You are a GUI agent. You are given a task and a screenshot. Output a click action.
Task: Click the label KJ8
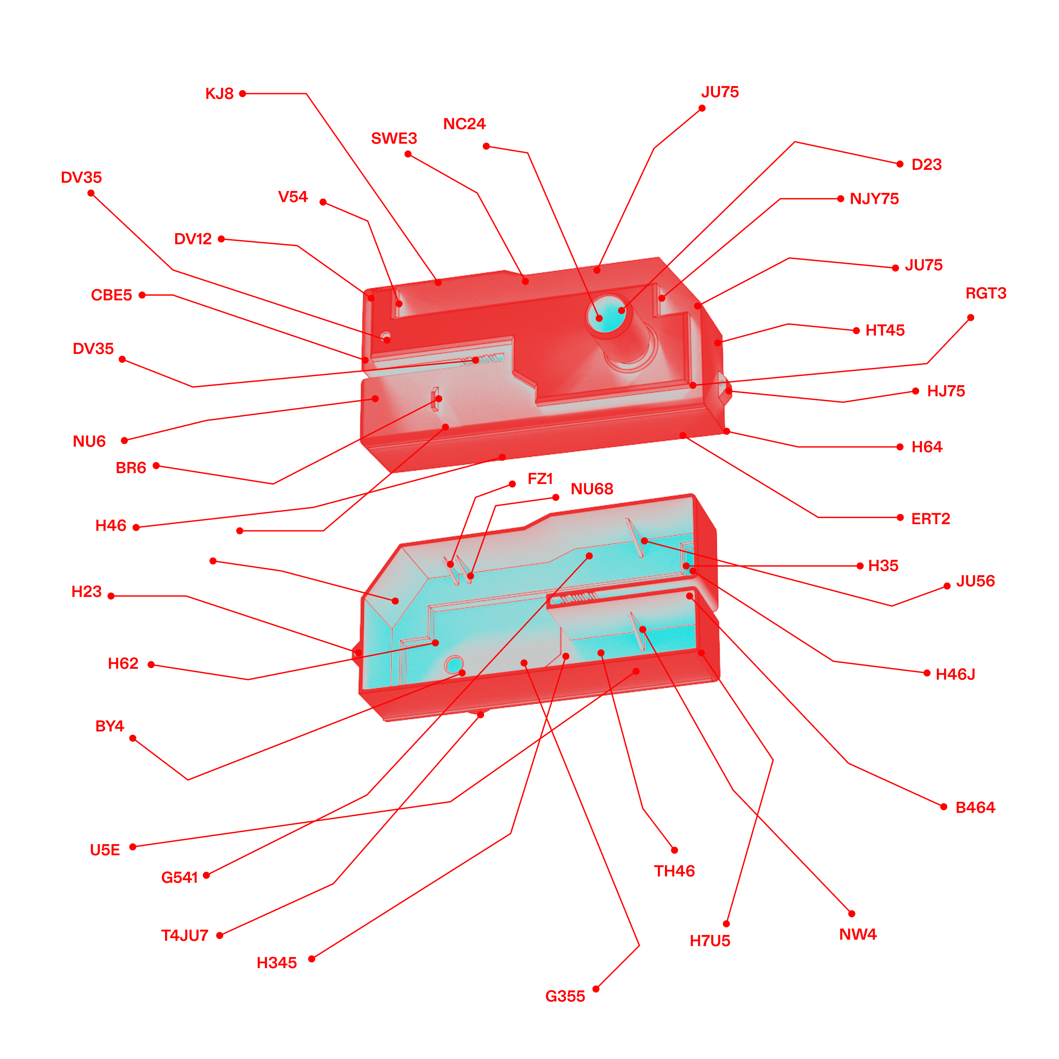pyautogui.click(x=219, y=94)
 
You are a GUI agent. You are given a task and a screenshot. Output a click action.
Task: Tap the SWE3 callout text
pyautogui.click(x=394, y=138)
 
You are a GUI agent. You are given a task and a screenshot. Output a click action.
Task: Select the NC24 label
pyautogui.click(x=464, y=124)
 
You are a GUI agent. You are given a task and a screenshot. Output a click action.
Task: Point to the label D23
pyautogui.click(x=926, y=165)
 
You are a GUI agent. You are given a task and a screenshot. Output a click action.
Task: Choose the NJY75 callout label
pyautogui.click(x=874, y=199)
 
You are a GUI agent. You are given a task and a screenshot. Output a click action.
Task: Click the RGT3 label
pyautogui.click(x=986, y=293)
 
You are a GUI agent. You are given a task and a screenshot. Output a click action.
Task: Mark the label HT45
pyautogui.click(x=885, y=330)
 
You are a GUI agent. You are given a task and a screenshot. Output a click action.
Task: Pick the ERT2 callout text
pyautogui.click(x=930, y=518)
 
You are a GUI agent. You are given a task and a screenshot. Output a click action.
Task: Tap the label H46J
pyautogui.click(x=955, y=674)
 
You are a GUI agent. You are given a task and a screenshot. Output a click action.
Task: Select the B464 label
pyautogui.click(x=975, y=807)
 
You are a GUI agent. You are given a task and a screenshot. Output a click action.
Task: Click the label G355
pyautogui.click(x=565, y=996)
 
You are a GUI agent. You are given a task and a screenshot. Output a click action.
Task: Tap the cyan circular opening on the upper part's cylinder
pyautogui.click(x=607, y=315)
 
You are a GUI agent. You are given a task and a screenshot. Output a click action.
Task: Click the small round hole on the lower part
pyautogui.click(x=454, y=665)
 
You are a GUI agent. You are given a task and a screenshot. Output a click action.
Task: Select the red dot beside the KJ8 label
pyautogui.click(x=242, y=94)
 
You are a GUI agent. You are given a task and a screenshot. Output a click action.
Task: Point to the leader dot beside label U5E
pyautogui.click(x=133, y=847)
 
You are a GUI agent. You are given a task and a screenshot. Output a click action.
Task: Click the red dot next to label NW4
pyautogui.click(x=851, y=914)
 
